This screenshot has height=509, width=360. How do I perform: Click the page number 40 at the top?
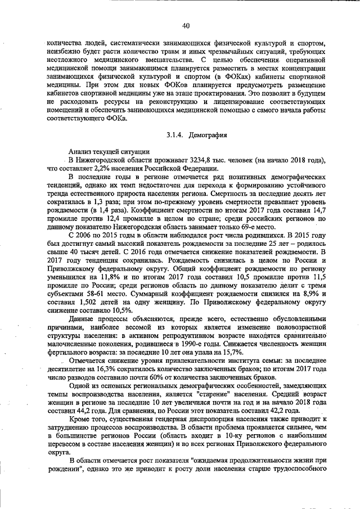(x=186, y=25)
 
